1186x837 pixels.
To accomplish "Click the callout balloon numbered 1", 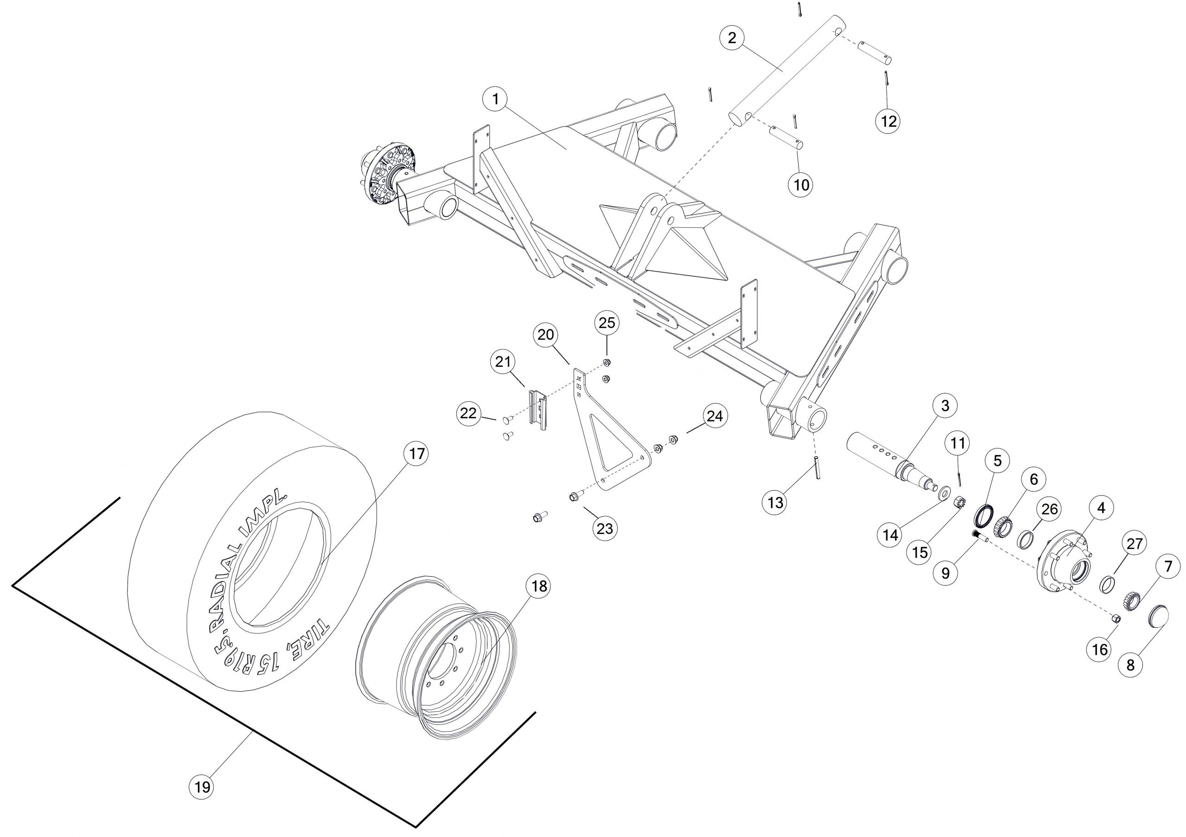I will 496,99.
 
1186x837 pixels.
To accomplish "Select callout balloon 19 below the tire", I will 202,787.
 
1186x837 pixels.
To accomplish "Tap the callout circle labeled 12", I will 889,121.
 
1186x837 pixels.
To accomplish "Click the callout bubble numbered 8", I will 1131,665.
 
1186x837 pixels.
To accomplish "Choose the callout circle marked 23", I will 605,528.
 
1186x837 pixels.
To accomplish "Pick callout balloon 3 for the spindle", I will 945,406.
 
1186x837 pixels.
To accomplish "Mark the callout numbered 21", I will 503,362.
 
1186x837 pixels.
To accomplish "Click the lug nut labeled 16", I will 1115,618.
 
